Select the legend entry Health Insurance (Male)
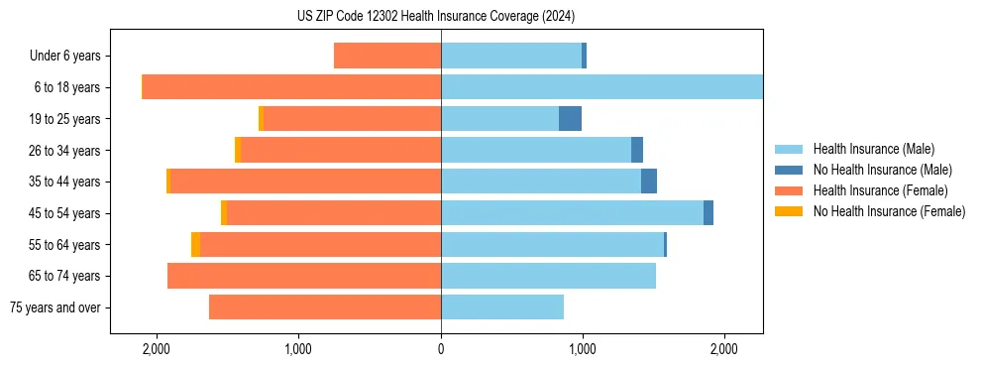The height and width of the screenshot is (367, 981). pyautogui.click(x=873, y=149)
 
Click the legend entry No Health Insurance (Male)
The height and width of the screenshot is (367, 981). pyautogui.click(x=882, y=170)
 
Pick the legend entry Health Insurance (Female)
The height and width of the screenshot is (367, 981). pyautogui.click(x=880, y=190)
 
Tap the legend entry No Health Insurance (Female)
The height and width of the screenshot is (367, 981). pyautogui.click(x=889, y=211)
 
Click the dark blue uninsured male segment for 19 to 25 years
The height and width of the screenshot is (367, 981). pyautogui.click(x=570, y=119)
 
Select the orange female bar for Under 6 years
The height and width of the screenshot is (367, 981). pyautogui.click(x=387, y=57)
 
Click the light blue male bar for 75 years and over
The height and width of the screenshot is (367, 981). pyautogui.click(x=502, y=307)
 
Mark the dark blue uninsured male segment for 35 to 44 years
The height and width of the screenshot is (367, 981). pyautogui.click(x=649, y=182)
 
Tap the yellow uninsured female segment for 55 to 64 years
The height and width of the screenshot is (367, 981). pyautogui.click(x=195, y=244)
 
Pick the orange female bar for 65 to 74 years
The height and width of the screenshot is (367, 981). pyautogui.click(x=304, y=276)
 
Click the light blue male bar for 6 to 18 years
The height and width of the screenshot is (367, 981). pyautogui.click(x=601, y=87)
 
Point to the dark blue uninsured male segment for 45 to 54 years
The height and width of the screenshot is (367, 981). pyautogui.click(x=708, y=213)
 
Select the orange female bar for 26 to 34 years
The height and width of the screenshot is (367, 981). pyautogui.click(x=341, y=150)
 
